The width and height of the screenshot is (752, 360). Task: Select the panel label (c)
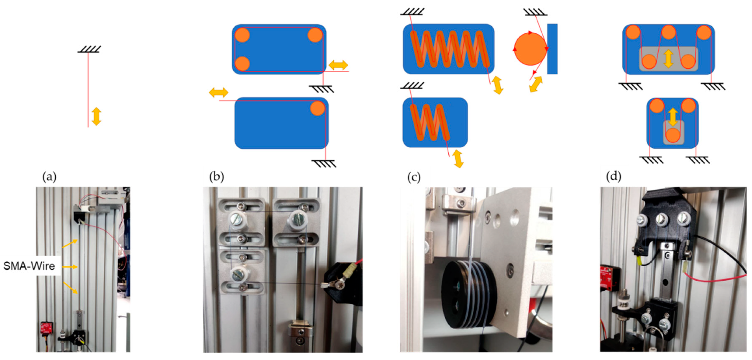414,177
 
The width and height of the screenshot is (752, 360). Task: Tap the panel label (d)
613,176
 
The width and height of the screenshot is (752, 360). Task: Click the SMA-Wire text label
29,266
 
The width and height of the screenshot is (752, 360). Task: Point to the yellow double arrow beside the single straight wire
96,116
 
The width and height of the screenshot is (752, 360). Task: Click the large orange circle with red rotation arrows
530,49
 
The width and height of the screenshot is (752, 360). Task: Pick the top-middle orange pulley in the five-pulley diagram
669,32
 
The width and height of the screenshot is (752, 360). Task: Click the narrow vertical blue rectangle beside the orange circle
552,49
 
